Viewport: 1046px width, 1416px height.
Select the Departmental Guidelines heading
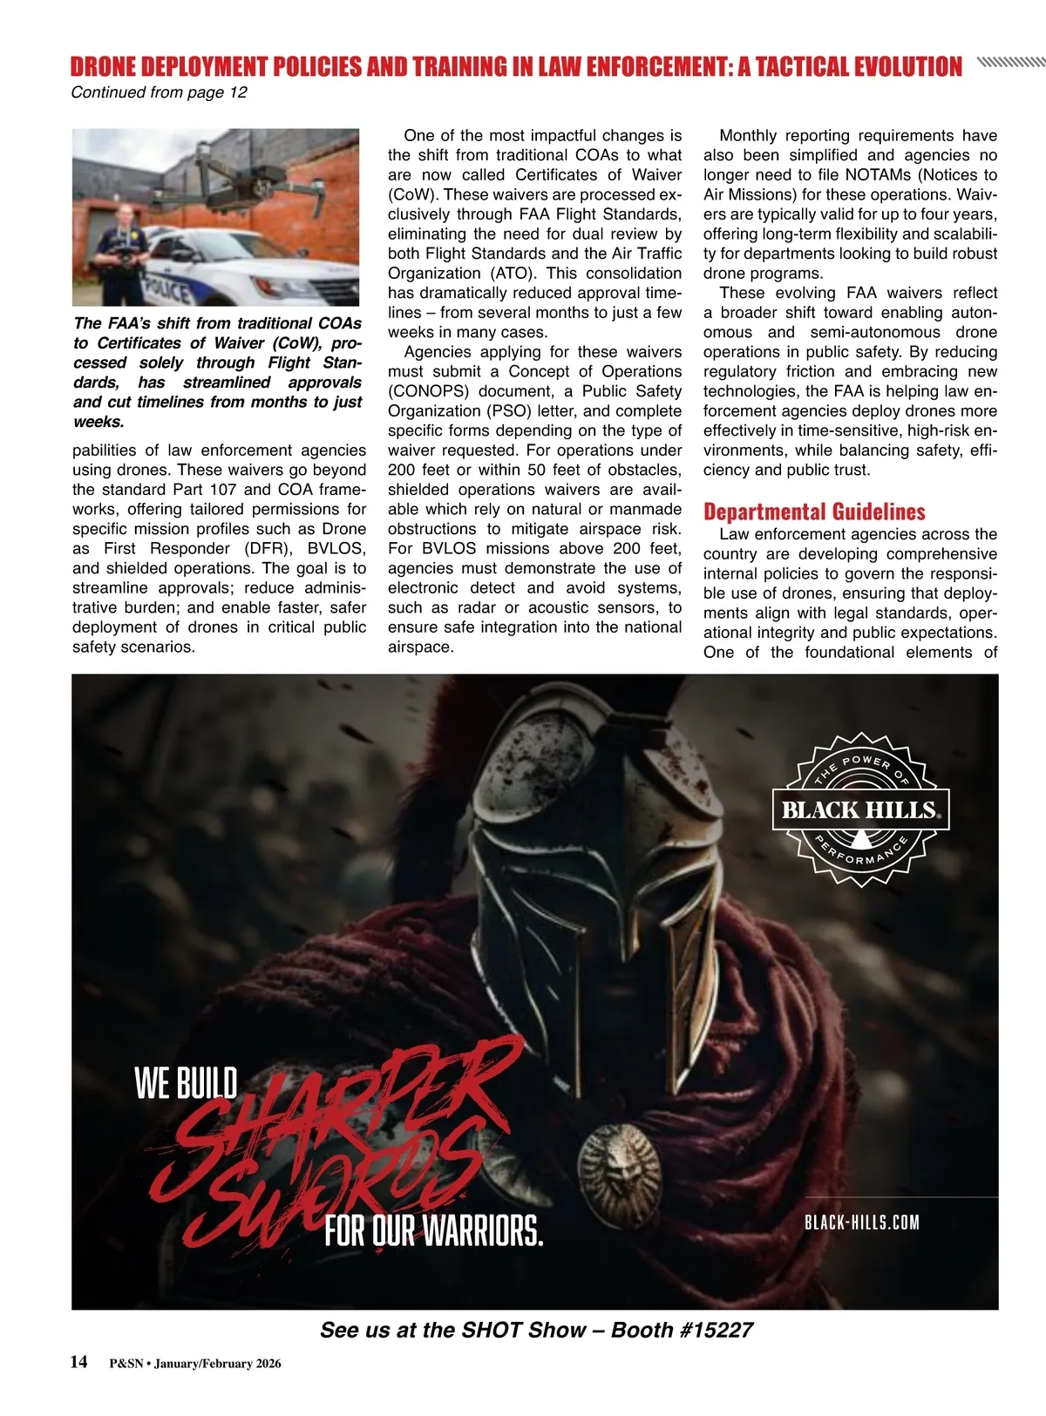click(814, 512)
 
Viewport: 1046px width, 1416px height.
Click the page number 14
click(79, 1362)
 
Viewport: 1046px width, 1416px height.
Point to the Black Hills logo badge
click(860, 810)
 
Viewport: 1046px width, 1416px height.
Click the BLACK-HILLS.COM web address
click(861, 1223)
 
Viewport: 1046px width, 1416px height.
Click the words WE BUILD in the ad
click(186, 1084)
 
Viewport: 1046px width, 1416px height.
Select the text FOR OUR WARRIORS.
click(433, 1231)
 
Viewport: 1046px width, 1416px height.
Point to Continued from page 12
click(159, 92)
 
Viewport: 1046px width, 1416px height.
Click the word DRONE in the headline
click(103, 67)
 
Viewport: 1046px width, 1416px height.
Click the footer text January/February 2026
click(217, 1364)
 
